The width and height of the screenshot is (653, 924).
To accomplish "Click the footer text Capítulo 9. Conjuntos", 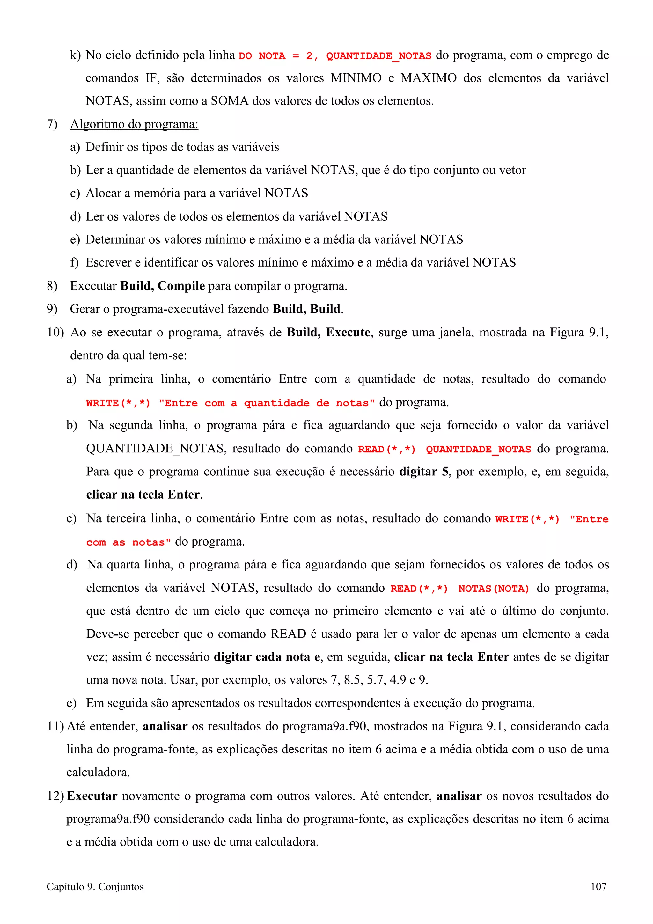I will coord(95,887).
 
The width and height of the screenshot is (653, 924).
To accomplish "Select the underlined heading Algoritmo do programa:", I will coord(134,124).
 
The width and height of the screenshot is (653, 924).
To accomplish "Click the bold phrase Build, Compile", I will coord(163,286).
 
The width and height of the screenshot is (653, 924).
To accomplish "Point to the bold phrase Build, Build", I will coord(307,309).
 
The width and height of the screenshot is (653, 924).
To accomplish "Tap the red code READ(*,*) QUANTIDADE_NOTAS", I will coord(444,449).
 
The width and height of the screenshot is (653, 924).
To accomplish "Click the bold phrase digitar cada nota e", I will coord(267,657).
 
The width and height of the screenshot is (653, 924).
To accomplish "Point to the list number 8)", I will coord(52,286).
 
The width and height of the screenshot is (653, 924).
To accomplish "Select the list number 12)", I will coord(55,796).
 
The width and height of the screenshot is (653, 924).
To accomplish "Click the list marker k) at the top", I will coord(75,55).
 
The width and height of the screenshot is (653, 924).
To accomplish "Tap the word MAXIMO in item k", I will coord(428,78).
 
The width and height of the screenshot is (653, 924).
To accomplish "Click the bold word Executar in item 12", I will coord(92,796).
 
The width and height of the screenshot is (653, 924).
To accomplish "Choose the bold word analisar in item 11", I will coord(165,726).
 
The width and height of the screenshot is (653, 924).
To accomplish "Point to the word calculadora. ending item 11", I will coord(98,772).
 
